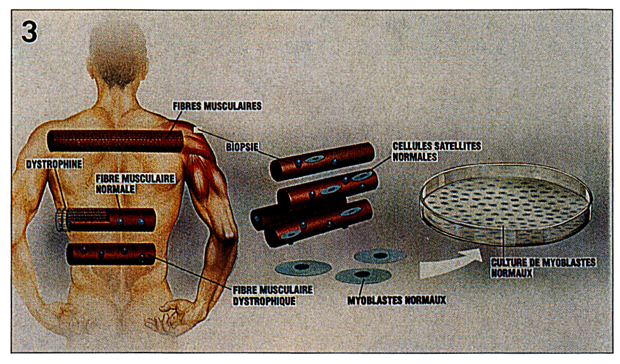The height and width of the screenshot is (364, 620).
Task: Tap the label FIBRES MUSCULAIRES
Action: pyautogui.click(x=217, y=106)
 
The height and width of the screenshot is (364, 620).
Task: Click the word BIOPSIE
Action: pyautogui.click(x=242, y=147)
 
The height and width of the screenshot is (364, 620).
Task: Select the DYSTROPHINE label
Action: pyautogui.click(x=54, y=164)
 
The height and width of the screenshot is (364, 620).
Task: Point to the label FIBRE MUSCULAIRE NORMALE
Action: pyautogui.click(x=135, y=184)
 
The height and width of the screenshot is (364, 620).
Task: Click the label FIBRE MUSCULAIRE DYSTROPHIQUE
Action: pyautogui.click(x=273, y=295)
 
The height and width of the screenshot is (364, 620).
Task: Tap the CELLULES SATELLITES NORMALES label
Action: pyautogui.click(x=437, y=151)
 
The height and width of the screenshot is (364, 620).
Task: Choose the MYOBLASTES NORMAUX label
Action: pyautogui.click(x=397, y=300)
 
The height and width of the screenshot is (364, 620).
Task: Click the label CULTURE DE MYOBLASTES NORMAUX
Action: pyautogui.click(x=543, y=268)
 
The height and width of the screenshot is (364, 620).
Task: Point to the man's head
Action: pyautogui.click(x=118, y=55)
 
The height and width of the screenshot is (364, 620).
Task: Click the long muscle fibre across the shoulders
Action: pyautogui.click(x=115, y=141)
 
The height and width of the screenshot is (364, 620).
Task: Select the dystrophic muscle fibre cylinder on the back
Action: pyautogui.click(x=111, y=254)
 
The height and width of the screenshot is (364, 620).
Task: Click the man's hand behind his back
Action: pyautogui.click(x=166, y=318)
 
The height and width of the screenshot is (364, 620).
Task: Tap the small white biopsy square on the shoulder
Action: pyautogui.click(x=196, y=130)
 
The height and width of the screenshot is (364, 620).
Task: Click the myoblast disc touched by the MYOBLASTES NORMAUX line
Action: pyautogui.click(x=363, y=275)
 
